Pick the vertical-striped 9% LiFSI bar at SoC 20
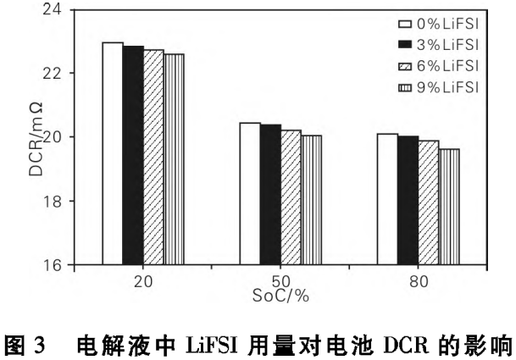[x=174, y=159]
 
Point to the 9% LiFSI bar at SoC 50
[x=311, y=200]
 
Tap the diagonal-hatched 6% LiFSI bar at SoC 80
[x=428, y=202]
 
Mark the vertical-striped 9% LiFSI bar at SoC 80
[x=448, y=207]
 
